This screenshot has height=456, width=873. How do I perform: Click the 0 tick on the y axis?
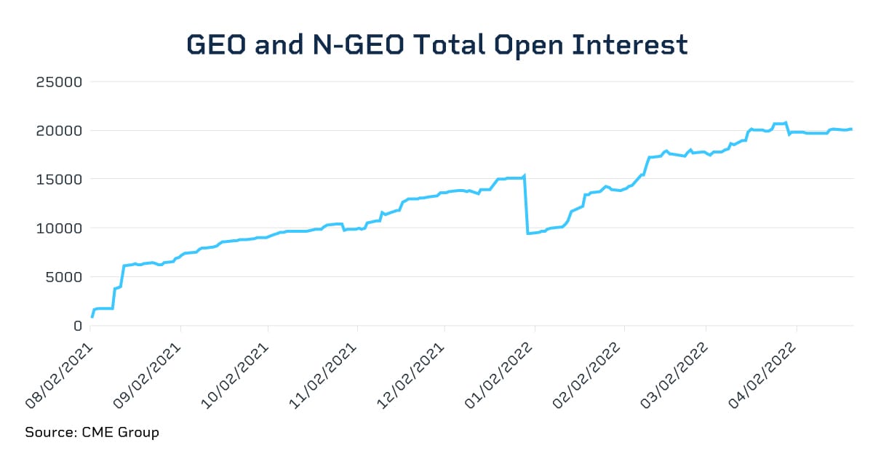(77, 325)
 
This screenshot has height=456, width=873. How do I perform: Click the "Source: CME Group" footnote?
(92, 433)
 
